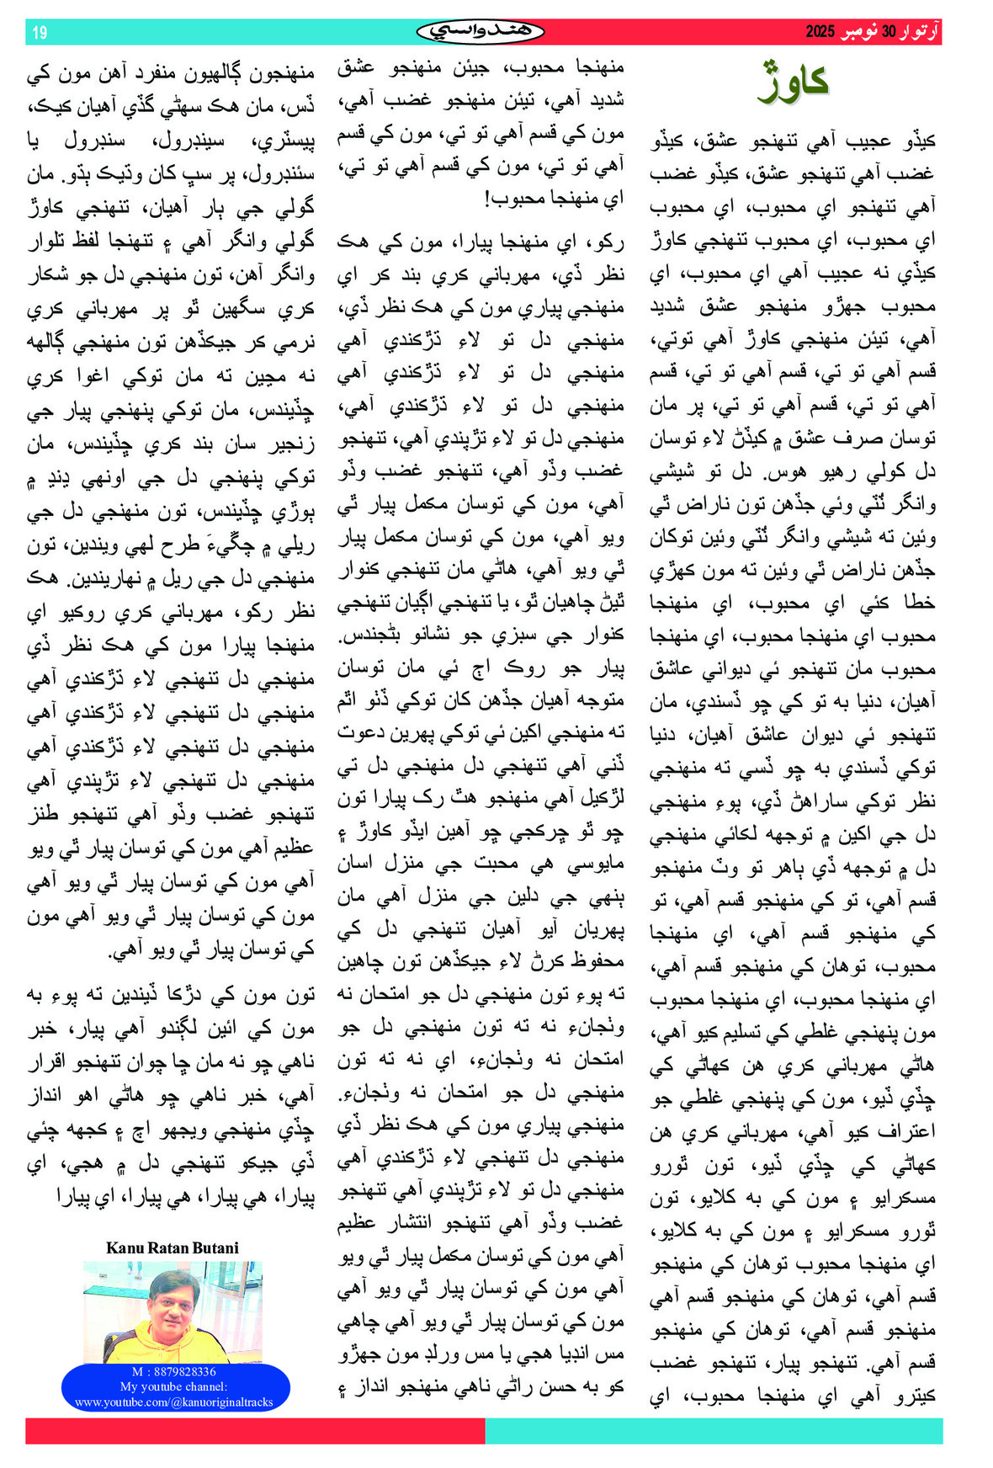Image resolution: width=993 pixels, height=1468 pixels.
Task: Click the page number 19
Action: coord(40,33)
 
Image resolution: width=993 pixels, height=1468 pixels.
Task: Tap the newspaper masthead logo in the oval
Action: coord(481,32)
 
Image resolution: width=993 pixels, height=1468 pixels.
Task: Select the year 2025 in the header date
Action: coord(820,32)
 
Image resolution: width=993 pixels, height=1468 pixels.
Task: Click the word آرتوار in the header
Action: coord(919,32)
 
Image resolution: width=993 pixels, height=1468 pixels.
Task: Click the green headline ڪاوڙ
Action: coord(794,82)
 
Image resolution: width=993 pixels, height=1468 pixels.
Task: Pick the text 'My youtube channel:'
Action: coord(173,1386)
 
